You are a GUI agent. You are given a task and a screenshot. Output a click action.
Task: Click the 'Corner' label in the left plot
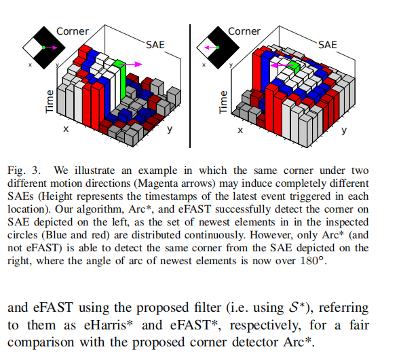tap(73, 31)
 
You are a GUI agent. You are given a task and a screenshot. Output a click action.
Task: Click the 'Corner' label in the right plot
tap(244, 31)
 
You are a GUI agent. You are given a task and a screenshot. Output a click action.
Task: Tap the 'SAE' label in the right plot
tap(327, 45)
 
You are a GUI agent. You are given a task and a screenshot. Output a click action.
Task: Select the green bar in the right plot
tap(292, 66)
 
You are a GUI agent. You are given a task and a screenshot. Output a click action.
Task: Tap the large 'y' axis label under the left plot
tap(170, 129)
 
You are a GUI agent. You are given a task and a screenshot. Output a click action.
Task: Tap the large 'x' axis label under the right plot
tap(240, 129)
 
